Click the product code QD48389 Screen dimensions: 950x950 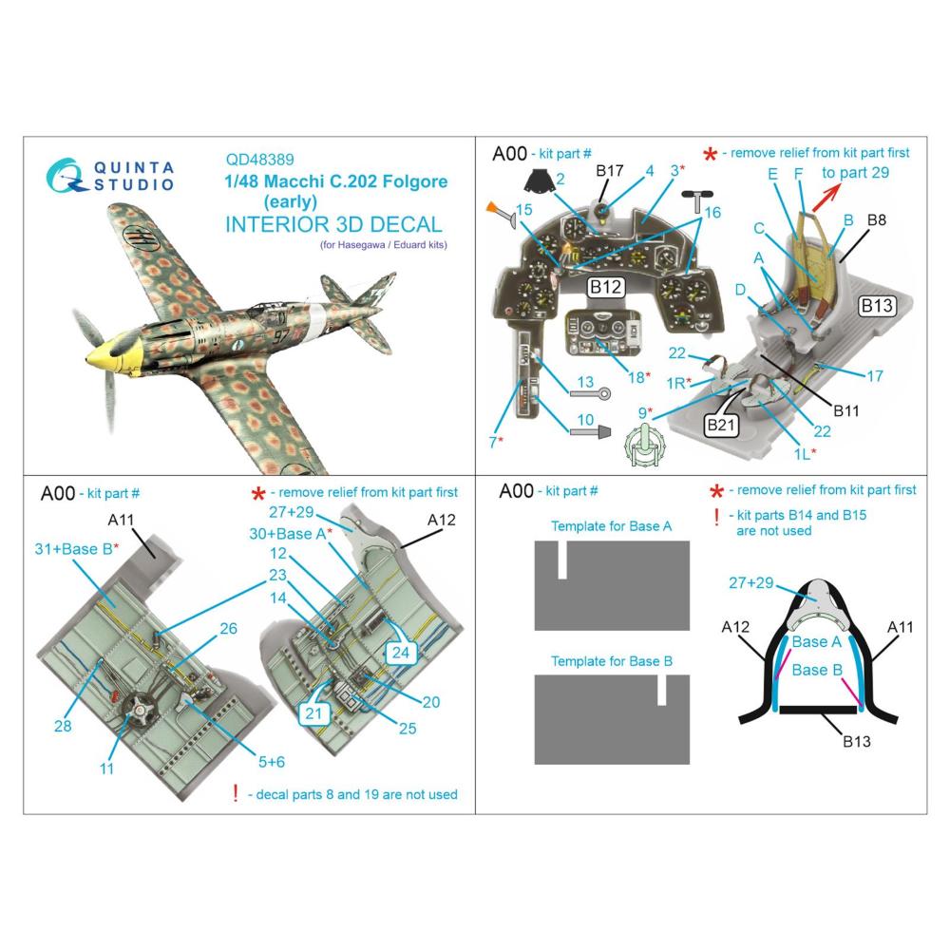[259, 160]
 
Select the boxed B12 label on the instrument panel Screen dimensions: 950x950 [606, 287]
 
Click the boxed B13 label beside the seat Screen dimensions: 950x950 [877, 306]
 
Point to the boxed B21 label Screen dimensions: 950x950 [721, 425]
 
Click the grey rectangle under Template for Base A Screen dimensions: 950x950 [612, 585]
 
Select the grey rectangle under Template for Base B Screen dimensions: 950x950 [612, 720]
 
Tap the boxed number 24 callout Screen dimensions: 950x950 [401, 653]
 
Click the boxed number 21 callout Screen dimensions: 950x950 [313, 713]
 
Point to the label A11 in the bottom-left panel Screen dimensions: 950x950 [121, 520]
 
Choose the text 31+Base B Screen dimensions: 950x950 [76, 549]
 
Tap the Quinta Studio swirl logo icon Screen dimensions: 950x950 [65, 176]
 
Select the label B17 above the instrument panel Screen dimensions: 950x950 [610, 171]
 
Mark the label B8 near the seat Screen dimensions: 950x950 [877, 220]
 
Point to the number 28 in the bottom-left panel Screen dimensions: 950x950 [63, 726]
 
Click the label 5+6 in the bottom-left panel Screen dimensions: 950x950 [272, 762]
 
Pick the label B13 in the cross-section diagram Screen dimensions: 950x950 [857, 741]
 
